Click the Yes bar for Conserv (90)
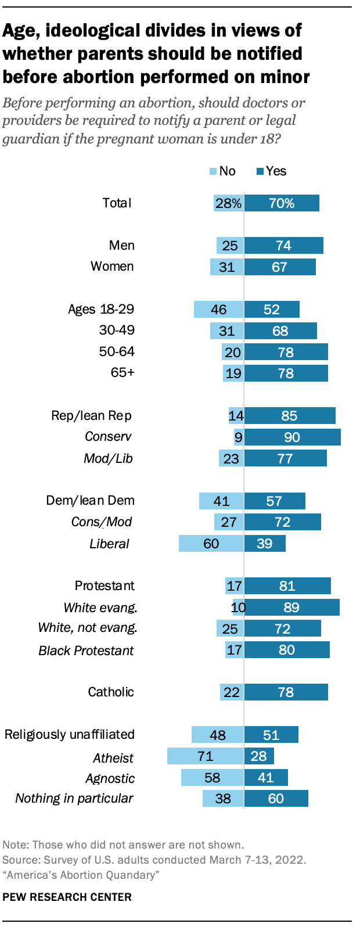(x=292, y=437)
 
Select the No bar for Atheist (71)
(x=206, y=756)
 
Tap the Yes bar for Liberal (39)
(x=265, y=543)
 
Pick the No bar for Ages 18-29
(x=219, y=309)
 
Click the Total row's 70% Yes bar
(x=282, y=203)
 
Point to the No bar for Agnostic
(x=213, y=777)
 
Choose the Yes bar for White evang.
(x=291, y=607)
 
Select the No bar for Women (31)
(x=227, y=267)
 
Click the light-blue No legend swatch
(x=213, y=171)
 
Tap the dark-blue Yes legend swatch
(x=260, y=171)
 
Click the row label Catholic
(x=111, y=692)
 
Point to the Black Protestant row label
(x=86, y=651)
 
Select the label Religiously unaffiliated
(x=70, y=734)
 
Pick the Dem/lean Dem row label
(x=90, y=501)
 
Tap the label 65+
(x=123, y=372)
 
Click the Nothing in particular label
(x=74, y=798)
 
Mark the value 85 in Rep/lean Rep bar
(x=289, y=415)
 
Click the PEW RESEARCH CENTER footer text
(x=67, y=897)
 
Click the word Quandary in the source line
(x=134, y=875)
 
